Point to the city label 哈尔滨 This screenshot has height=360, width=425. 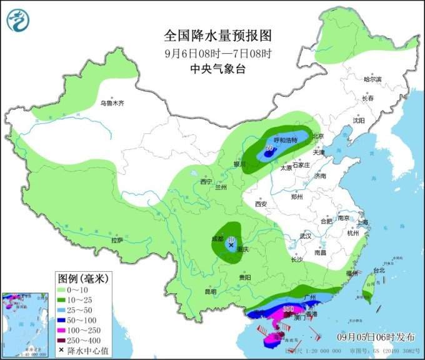coord(372,79)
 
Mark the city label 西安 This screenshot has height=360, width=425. coord(261,204)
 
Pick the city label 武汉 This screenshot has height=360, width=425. coord(305,236)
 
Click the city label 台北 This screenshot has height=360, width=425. coord(379,271)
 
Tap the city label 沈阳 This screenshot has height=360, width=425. coord(357,120)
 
